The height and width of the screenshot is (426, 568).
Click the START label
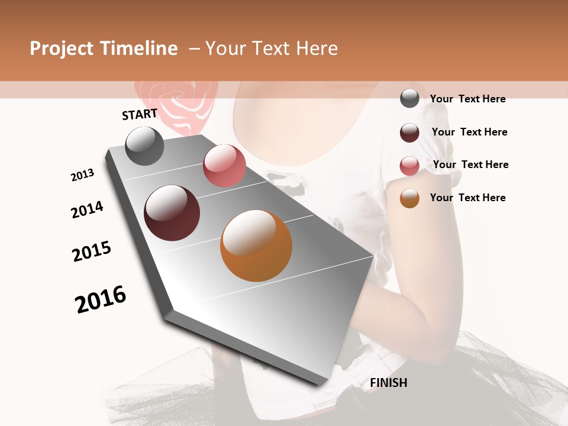(140, 114)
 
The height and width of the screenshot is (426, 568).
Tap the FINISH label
(388, 383)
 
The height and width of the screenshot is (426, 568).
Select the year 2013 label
(82, 175)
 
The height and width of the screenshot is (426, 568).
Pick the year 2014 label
(87, 209)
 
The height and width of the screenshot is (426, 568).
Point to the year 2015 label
(92, 251)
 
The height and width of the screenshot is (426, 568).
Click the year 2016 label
(101, 299)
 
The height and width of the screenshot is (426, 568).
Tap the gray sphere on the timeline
(144, 146)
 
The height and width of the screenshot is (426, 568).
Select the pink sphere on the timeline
(224, 166)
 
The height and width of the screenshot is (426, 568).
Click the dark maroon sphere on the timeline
(172, 213)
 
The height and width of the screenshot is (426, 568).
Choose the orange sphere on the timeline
(256, 246)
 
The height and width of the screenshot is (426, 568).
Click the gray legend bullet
(409, 98)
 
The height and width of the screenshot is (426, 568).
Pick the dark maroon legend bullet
(409, 133)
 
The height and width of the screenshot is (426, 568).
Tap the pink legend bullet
(409, 166)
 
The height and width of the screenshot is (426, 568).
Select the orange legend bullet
(409, 198)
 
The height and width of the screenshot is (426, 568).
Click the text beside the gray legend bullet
(467, 99)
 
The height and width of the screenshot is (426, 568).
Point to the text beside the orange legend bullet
(467, 198)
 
